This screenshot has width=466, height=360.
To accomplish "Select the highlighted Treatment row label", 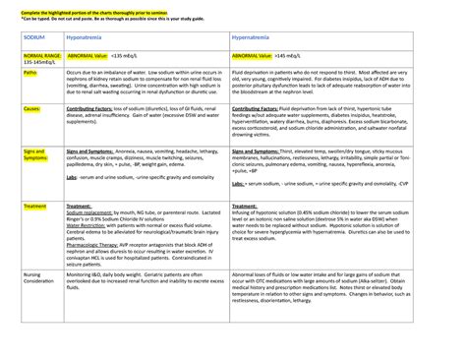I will [x=35, y=200].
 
